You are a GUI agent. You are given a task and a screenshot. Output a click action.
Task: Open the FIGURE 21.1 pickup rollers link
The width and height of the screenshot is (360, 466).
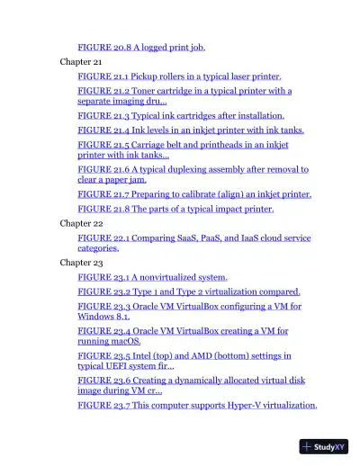coord(179,77)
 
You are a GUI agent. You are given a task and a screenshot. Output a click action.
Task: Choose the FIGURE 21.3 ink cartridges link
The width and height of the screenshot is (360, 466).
coord(181,116)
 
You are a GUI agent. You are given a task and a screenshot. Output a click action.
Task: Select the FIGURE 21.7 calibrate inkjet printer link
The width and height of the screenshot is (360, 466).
coord(194,194)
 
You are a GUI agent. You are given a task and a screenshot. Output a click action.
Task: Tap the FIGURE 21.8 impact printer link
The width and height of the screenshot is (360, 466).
coord(175,210)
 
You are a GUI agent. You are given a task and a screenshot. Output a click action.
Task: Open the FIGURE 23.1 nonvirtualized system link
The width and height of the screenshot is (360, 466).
coord(152,278)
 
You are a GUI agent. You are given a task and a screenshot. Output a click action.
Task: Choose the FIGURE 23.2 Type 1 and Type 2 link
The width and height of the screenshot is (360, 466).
coord(189,292)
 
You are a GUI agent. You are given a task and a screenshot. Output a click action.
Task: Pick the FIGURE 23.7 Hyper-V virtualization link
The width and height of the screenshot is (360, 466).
coord(197,406)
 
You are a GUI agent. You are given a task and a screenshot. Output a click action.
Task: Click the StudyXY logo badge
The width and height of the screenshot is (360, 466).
coord(324,446)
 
